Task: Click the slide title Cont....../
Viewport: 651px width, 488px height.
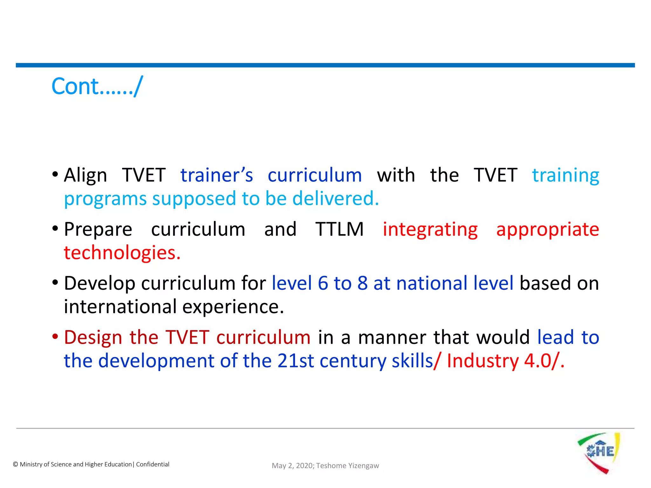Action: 97,86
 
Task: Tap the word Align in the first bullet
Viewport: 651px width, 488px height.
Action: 85,175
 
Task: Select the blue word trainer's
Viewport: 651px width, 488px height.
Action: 216,175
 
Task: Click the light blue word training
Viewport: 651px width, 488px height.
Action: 565,175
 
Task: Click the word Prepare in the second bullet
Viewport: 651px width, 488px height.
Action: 98,229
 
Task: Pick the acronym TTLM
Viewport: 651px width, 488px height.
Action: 339,229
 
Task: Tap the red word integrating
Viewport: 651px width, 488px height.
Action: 430,229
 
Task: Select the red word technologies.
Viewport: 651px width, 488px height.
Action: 122,253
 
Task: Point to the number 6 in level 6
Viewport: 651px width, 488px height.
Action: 323,283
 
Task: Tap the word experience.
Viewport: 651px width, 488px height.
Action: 233,307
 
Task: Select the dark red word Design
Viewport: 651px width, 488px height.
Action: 93,337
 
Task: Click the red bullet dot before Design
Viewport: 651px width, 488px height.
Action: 55,336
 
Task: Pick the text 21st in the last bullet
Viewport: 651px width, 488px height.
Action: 295,361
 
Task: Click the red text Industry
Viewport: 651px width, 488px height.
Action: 483,361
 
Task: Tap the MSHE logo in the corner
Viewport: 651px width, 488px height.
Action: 599,453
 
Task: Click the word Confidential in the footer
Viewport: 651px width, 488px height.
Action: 153,464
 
